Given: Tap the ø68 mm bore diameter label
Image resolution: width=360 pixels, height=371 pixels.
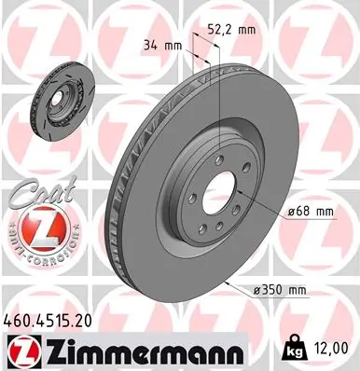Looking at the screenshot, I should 311,213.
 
